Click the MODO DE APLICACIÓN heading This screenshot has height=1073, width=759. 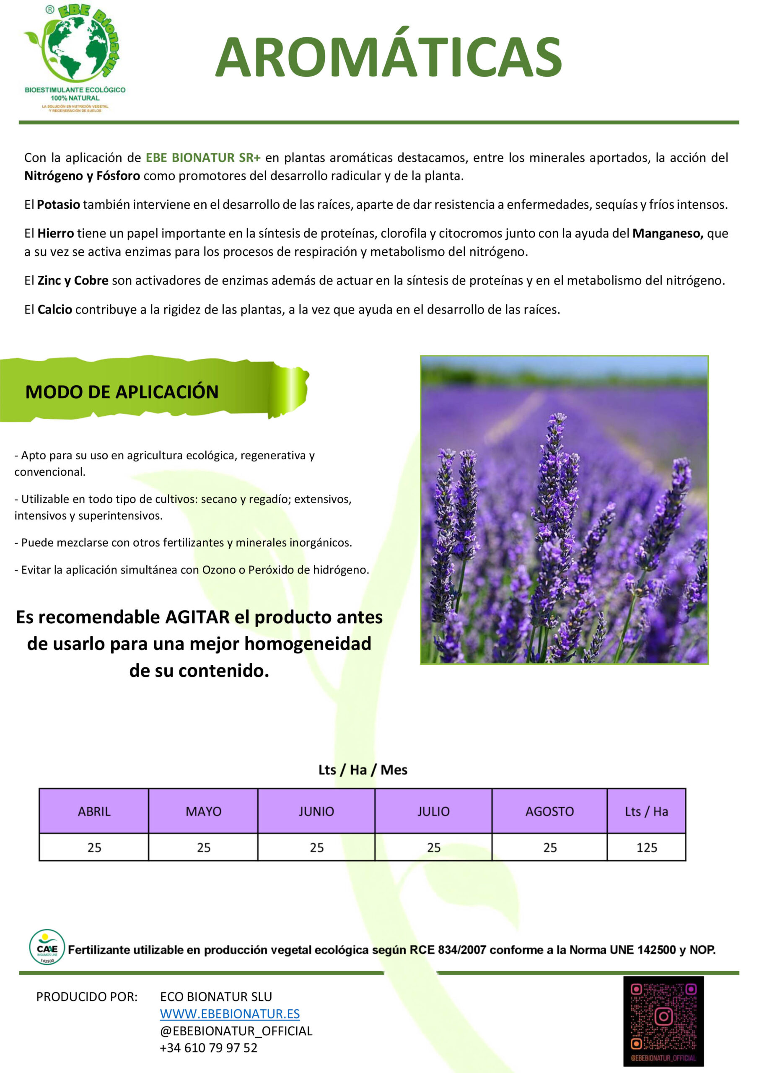click(122, 391)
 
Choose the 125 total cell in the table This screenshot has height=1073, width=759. click(646, 847)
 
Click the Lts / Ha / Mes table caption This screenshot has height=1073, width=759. click(363, 770)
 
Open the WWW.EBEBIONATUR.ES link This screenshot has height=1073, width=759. click(230, 1013)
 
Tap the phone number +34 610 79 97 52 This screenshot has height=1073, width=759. click(208, 1047)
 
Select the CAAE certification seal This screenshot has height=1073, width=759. click(47, 947)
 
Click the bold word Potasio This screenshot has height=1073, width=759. click(58, 205)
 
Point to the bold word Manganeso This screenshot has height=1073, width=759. click(667, 233)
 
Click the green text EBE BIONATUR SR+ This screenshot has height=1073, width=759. click(203, 158)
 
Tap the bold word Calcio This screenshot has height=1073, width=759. click(54, 309)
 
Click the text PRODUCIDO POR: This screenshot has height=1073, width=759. click(87, 997)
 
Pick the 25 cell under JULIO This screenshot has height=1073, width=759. click(433, 847)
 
